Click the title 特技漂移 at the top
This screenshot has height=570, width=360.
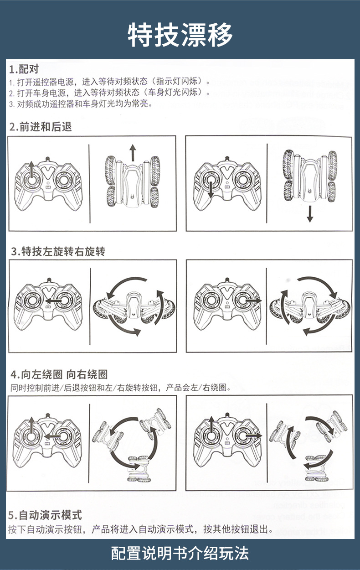pyautogui.click(x=180, y=34)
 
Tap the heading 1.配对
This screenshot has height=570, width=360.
pyautogui.click(x=24, y=69)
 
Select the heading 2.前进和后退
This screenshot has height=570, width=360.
pyautogui.click(x=41, y=127)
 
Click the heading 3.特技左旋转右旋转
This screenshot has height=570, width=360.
pyautogui.click(x=58, y=251)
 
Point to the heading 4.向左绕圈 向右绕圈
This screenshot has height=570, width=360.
pyautogui.click(x=59, y=375)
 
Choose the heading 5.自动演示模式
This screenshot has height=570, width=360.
pyautogui.click(x=45, y=515)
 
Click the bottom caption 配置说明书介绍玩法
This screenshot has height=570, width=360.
pyautogui.click(x=180, y=553)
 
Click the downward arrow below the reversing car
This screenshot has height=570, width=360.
pyautogui.click(x=310, y=213)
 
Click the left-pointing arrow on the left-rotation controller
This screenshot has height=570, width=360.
pyautogui.click(x=52, y=301)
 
